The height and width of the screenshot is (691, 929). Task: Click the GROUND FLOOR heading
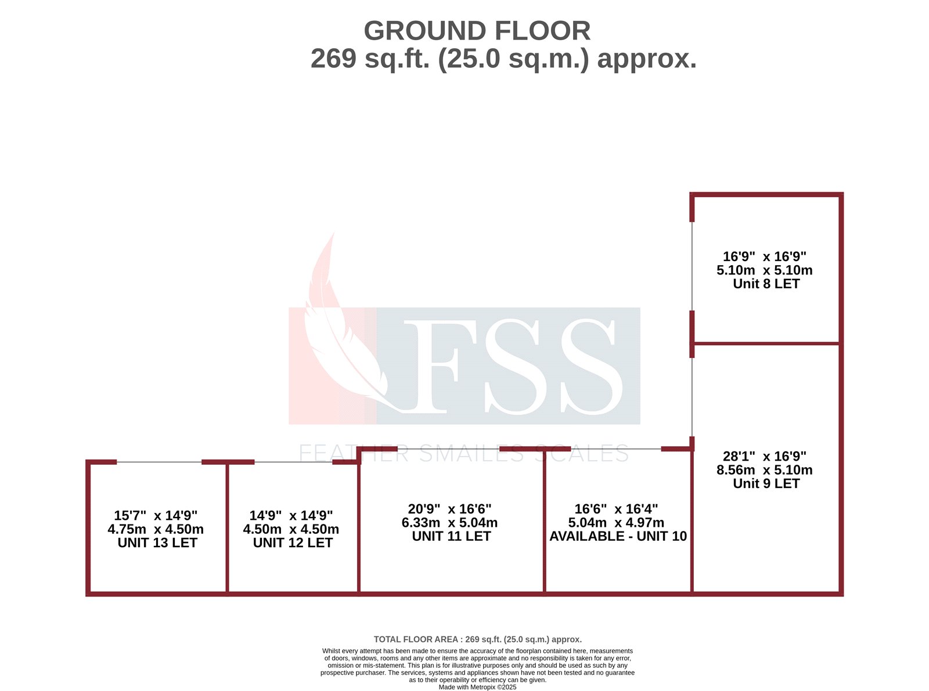tap(477, 31)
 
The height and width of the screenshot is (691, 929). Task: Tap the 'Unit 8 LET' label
tap(766, 284)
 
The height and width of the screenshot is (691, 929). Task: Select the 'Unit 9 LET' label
tap(766, 483)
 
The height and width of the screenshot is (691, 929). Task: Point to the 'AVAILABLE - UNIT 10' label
tap(618, 536)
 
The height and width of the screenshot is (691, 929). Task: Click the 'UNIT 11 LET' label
tap(451, 536)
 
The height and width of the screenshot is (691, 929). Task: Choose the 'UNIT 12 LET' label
tap(293, 542)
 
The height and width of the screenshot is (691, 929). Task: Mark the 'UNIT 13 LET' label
tap(157, 542)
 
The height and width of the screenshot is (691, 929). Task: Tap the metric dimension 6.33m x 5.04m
tap(449, 522)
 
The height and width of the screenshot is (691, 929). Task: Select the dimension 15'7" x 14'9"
tap(156, 515)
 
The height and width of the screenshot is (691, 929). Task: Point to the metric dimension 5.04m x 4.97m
tap(616, 522)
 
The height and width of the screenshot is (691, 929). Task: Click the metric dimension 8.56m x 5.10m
tap(764, 470)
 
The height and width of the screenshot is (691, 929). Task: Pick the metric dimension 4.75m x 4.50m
tap(156, 529)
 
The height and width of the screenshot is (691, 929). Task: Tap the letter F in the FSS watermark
tap(435, 366)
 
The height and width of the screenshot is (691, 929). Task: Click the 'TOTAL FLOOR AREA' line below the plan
tap(477, 639)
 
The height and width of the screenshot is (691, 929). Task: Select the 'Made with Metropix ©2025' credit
tap(477, 687)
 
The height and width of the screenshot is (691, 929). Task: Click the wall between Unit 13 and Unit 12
tap(227, 528)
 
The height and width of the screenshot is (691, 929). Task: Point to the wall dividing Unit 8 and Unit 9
tap(766, 343)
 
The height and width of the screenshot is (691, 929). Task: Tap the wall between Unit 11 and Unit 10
tap(544, 522)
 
